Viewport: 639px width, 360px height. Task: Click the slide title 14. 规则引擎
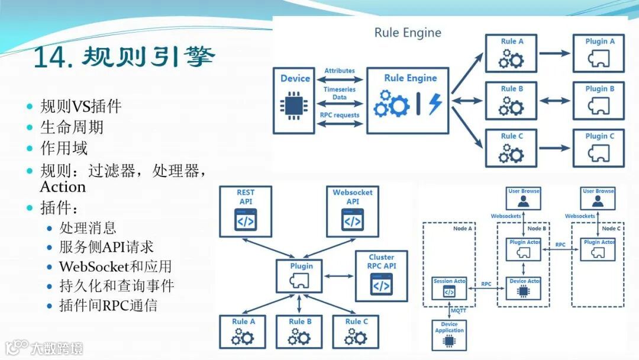pos(124,57)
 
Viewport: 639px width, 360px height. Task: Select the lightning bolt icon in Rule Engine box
pos(435,104)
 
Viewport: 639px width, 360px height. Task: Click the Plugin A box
pos(599,53)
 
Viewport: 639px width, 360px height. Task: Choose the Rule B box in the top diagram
pos(511,101)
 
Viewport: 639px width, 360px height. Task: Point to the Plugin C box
pos(599,148)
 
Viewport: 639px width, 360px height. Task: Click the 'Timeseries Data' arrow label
pos(339,93)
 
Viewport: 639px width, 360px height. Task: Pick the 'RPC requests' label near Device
pos(339,115)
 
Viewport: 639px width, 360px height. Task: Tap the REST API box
pos(246,211)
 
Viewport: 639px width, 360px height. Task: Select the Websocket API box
pos(352,211)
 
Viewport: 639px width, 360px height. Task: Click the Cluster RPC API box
pos(381,276)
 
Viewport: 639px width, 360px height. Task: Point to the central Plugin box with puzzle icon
pos(301,276)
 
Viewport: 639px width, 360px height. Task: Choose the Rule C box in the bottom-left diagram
pos(356,332)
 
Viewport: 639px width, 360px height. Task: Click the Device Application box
pos(449,335)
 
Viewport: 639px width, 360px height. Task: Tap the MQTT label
pos(458,310)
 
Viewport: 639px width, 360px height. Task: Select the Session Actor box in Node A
pos(449,288)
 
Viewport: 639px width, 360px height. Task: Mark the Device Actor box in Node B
pos(524,288)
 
